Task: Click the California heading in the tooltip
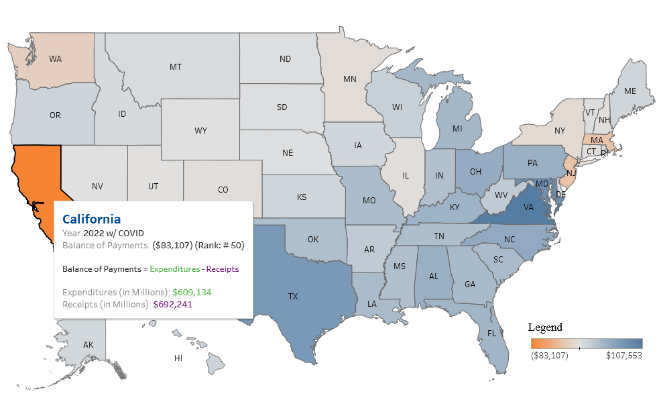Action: (92, 219)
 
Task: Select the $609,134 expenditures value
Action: (193, 293)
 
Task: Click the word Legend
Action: (545, 328)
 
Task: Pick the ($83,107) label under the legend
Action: (549, 356)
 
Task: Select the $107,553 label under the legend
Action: (624, 356)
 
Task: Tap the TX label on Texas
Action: (293, 296)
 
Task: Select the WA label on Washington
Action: (55, 59)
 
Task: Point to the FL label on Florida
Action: (492, 334)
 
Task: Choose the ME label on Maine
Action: (630, 91)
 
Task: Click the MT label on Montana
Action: (176, 67)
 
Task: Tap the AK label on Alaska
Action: (88, 345)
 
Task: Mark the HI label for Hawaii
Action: (178, 358)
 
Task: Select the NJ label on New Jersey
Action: (571, 173)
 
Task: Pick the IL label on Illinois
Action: (406, 176)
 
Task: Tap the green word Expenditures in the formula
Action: (174, 269)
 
